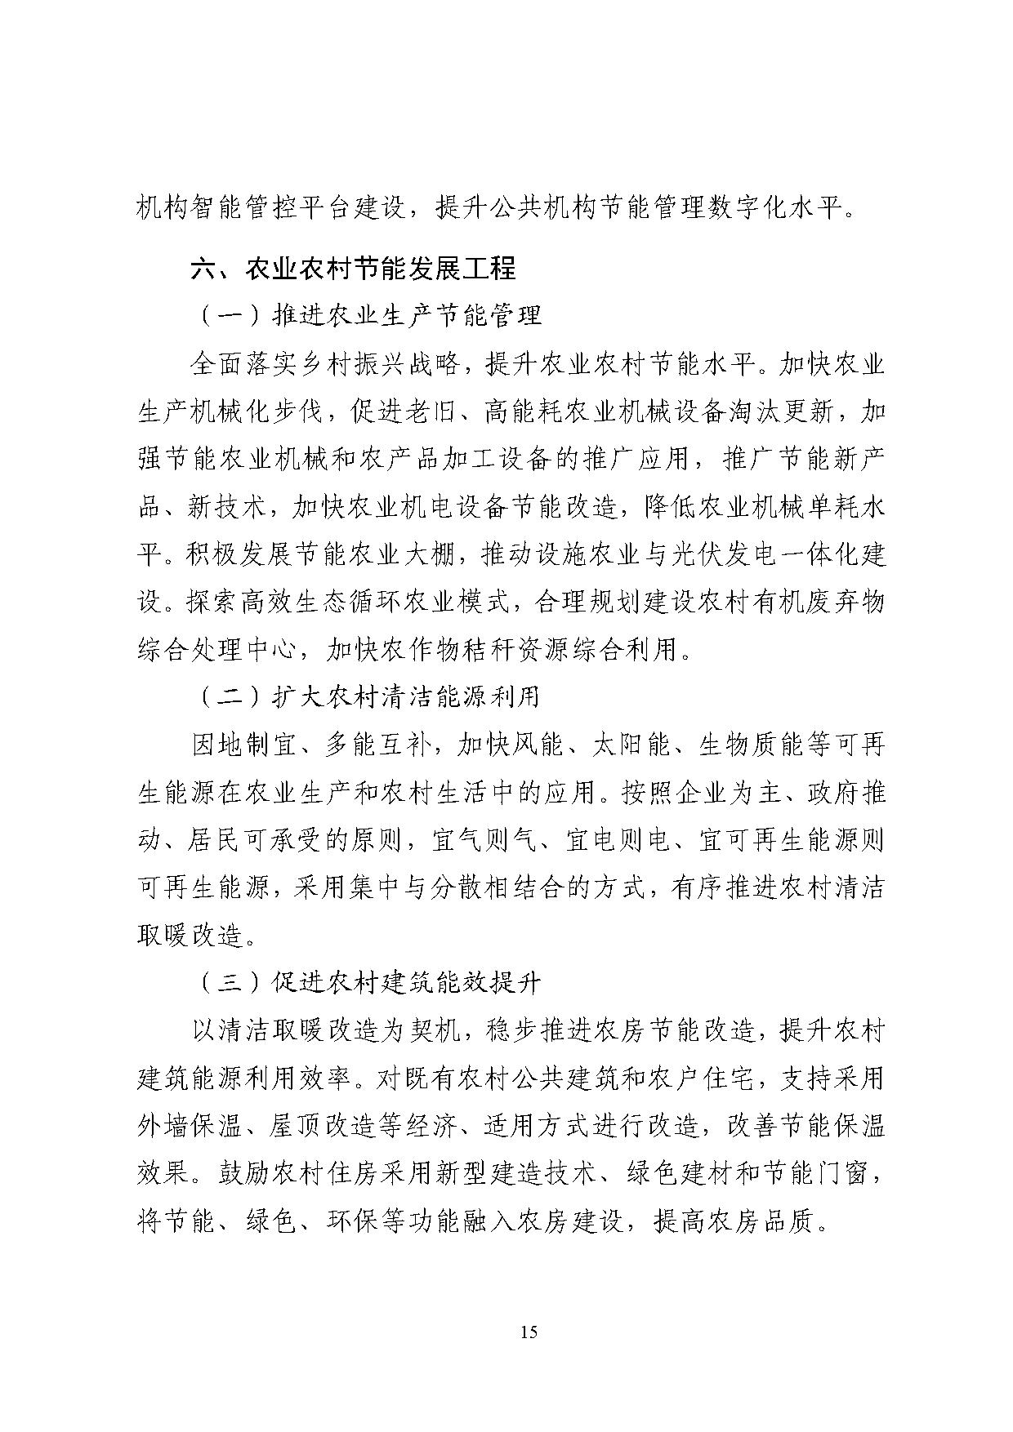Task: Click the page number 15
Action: tap(529, 1332)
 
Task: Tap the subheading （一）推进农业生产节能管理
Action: tap(368, 315)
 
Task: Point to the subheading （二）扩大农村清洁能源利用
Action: tap(368, 696)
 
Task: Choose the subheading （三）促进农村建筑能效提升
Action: tap(368, 982)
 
